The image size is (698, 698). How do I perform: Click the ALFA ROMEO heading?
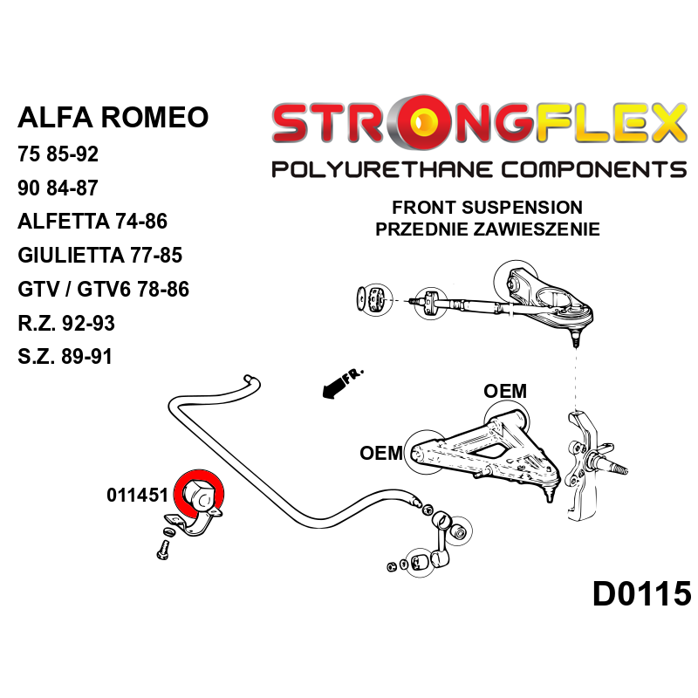(113, 117)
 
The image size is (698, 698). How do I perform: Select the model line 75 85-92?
(58, 155)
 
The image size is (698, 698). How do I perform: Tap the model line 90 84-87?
(58, 188)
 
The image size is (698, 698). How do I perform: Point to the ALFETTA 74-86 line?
(92, 222)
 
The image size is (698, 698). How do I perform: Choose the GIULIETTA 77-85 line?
(99, 256)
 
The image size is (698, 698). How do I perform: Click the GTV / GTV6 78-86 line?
(103, 290)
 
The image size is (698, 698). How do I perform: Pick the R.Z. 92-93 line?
(65, 323)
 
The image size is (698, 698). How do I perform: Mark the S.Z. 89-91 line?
(65, 357)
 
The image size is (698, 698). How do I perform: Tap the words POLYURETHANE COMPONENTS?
(478, 168)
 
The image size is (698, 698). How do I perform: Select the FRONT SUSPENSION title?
(487, 208)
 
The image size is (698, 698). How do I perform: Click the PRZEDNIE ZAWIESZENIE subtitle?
(487, 229)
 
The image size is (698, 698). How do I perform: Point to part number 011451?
(137, 496)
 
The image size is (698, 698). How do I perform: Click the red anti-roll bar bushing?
(199, 495)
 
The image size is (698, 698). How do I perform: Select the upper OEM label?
(505, 391)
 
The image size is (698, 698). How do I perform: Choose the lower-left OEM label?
(381, 453)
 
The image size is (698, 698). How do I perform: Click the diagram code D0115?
(641, 594)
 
